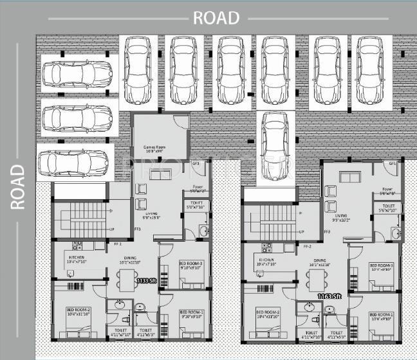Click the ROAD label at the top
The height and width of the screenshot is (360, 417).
click(216, 17)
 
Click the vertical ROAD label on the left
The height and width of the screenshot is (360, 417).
click(17, 186)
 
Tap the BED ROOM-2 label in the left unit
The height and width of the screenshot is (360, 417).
click(79, 311)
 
